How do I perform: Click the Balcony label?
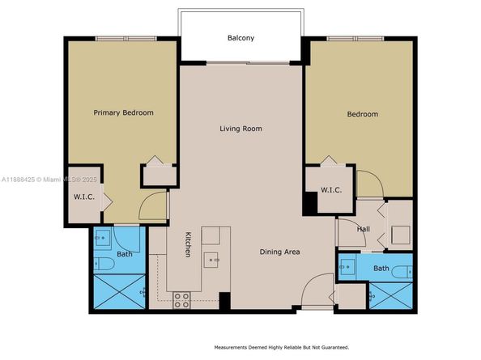click(x=240, y=38)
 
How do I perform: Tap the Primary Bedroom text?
click(x=123, y=112)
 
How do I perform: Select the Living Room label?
click(x=240, y=129)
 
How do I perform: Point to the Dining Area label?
click(x=279, y=252)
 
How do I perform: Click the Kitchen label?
click(x=188, y=244)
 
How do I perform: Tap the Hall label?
click(x=364, y=229)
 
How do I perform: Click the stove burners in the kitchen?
click(x=181, y=300)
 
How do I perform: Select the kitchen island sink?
click(x=211, y=260)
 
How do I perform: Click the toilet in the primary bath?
click(x=104, y=264)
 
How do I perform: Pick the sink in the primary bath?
click(x=102, y=238)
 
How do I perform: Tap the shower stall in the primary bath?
click(x=119, y=292)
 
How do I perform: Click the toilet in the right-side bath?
click(x=402, y=272)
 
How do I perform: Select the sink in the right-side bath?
click(x=347, y=267)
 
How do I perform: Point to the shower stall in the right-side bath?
click(x=391, y=296)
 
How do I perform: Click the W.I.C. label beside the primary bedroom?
click(x=84, y=197)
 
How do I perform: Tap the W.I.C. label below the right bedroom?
click(x=331, y=190)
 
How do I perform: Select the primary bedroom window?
click(x=126, y=39)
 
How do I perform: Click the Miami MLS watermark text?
click(x=49, y=180)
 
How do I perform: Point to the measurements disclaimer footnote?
click(x=282, y=347)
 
